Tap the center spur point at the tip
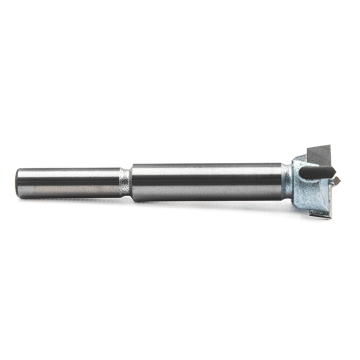[337, 182]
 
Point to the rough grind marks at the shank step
[125, 183]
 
